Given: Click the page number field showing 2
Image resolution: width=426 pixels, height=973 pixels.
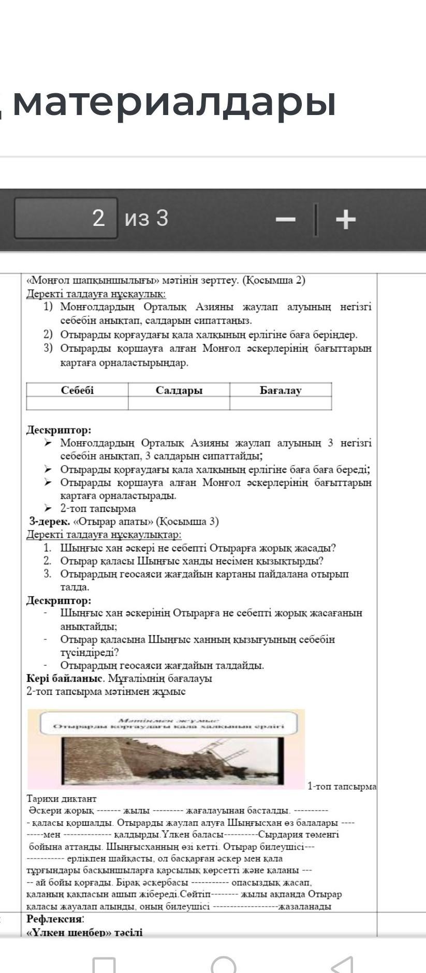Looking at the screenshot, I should click(66, 218).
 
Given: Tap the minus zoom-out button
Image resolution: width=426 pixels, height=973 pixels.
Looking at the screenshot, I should click(285, 219).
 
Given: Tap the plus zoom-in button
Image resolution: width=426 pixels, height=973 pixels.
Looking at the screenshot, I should click(346, 219).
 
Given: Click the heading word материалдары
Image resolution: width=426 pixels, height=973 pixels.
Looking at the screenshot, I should click(174, 102).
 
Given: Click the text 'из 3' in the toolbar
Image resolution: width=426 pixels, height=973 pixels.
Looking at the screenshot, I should click(146, 218).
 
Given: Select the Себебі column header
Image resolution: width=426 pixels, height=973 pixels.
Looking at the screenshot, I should click(77, 390).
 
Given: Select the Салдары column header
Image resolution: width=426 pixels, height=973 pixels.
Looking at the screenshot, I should click(179, 390).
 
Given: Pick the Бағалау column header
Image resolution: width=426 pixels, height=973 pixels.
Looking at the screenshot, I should click(281, 390).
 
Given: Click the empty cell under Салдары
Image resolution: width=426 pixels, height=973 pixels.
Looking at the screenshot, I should click(179, 403).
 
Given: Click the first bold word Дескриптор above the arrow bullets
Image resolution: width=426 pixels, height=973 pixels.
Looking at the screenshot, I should click(58, 430).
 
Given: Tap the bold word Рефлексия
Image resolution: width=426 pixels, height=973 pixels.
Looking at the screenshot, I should click(55, 919).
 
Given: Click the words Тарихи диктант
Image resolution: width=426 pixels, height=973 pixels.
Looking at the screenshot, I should click(62, 798).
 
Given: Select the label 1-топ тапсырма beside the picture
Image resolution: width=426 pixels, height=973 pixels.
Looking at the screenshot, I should click(342, 786).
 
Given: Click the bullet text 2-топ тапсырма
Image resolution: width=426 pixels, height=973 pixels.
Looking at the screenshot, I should click(98, 508).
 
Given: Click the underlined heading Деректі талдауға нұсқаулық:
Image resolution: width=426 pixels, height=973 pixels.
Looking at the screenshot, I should click(96, 294).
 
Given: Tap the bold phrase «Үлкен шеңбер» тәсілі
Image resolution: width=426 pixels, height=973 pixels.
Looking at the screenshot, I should click(84, 932).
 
